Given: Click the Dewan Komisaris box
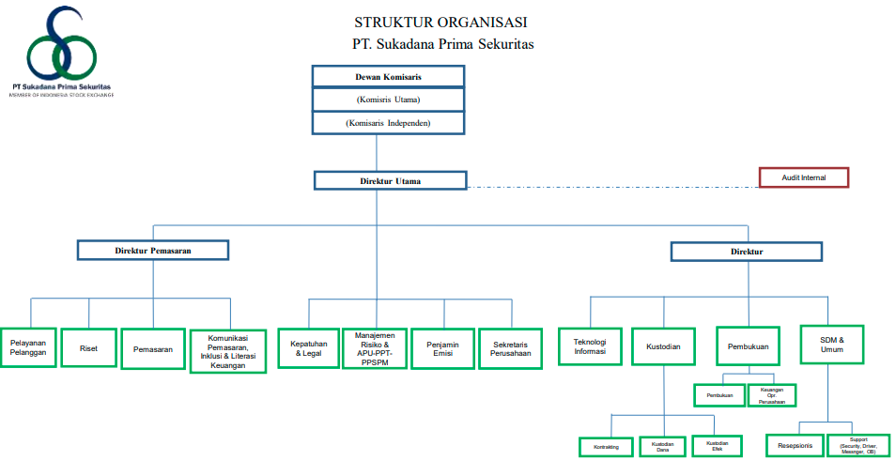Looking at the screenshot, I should [x=388, y=76].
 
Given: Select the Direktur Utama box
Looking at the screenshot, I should [x=390, y=180].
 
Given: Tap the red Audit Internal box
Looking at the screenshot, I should [x=803, y=177].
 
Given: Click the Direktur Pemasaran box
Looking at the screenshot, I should [x=153, y=250].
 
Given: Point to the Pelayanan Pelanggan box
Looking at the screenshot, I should [x=29, y=348].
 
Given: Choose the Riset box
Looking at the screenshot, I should [x=88, y=348].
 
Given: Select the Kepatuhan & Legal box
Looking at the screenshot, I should [x=309, y=348].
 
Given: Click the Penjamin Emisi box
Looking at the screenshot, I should [x=442, y=348].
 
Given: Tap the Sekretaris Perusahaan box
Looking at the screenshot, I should [x=511, y=348].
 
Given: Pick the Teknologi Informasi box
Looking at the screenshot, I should [x=590, y=346].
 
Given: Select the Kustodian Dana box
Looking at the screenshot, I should [x=663, y=447].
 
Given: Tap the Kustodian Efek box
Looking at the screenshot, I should [x=717, y=446].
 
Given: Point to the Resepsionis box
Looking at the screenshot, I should [x=795, y=445].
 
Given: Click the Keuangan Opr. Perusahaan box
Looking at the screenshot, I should [x=771, y=395].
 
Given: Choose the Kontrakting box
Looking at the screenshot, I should [x=606, y=447].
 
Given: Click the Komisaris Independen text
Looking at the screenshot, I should [x=388, y=123].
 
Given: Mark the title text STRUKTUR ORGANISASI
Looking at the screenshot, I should [x=440, y=22].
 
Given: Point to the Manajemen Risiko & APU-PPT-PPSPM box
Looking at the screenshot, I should [x=375, y=348].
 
